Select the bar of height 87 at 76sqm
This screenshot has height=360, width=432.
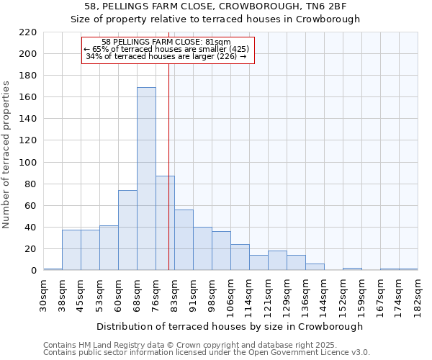click(x=165, y=223)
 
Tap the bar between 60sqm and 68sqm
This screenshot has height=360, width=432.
click(x=127, y=230)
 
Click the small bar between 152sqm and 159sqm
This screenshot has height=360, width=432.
click(x=352, y=269)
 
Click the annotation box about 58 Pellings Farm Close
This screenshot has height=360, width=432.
click(x=168, y=50)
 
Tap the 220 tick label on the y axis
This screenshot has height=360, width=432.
click(x=28, y=32)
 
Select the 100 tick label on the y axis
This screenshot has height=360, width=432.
click(x=28, y=163)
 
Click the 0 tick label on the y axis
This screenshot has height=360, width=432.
click(x=33, y=271)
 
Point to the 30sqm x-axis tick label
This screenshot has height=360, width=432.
click(x=44, y=292)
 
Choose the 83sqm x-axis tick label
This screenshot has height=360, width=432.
click(x=175, y=292)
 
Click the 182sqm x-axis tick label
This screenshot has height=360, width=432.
click(x=418, y=292)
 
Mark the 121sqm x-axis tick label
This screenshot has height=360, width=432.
click(x=269, y=292)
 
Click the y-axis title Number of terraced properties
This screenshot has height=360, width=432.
click(x=7, y=155)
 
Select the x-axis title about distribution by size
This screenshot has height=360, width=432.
click(x=230, y=326)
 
